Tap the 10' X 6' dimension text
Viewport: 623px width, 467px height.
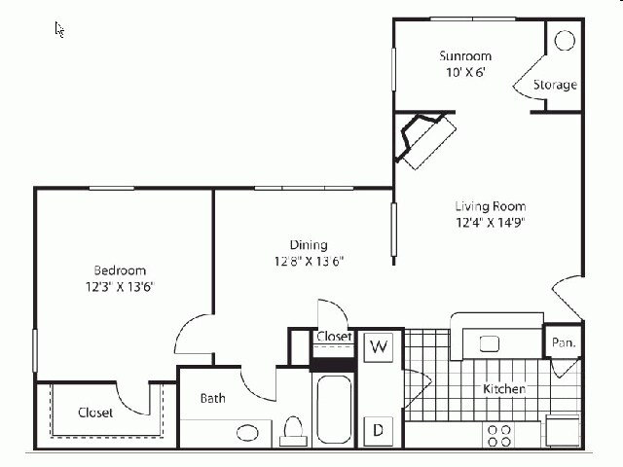pyautogui.click(x=463, y=73)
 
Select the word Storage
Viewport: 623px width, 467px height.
pyautogui.click(x=554, y=85)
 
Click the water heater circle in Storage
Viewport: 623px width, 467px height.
pyautogui.click(x=565, y=42)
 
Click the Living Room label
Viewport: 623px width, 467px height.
pyautogui.click(x=491, y=206)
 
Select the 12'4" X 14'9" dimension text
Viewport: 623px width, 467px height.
pyautogui.click(x=491, y=222)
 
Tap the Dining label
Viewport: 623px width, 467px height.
pyautogui.click(x=308, y=245)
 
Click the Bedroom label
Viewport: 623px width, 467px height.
pyautogui.click(x=120, y=270)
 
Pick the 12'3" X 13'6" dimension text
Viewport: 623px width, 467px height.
pyautogui.click(x=120, y=286)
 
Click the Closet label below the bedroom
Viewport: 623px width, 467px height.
pyautogui.click(x=95, y=413)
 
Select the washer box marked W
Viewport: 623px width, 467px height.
pyautogui.click(x=378, y=347)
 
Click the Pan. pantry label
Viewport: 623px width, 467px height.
pyautogui.click(x=563, y=342)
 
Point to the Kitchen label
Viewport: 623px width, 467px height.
pyautogui.click(x=504, y=389)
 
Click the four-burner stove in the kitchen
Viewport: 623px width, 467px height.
pyautogui.click(x=499, y=434)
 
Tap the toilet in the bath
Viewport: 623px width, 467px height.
pyautogui.click(x=293, y=429)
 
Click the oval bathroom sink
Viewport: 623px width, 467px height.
pyautogui.click(x=248, y=432)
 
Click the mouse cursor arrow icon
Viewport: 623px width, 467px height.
pyautogui.click(x=59, y=29)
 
